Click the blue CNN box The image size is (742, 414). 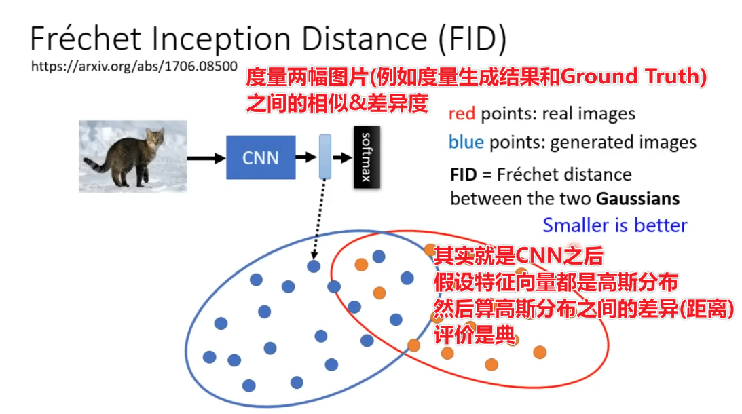click(261, 157)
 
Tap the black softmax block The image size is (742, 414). click(367, 157)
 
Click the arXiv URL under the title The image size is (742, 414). click(134, 67)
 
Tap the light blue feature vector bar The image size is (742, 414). click(324, 157)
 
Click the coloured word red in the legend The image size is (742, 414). click(462, 114)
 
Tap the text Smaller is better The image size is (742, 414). click(615, 225)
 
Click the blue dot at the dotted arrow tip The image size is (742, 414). click(314, 266)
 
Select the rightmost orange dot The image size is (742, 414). click(540, 352)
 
